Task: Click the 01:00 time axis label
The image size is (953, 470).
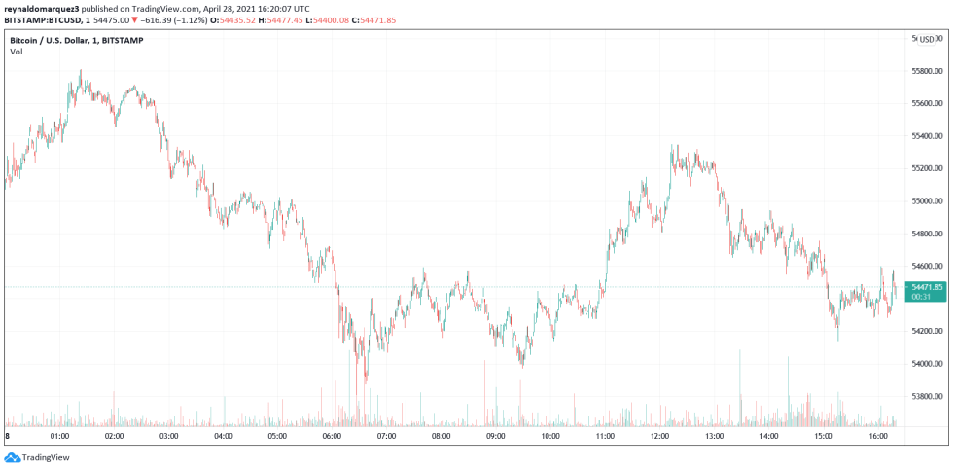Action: (59, 437)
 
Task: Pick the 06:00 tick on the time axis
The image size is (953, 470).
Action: (332, 437)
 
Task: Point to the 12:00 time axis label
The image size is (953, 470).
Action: (659, 437)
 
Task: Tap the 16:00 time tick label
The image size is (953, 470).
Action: (877, 437)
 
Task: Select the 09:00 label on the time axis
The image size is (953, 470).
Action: (495, 437)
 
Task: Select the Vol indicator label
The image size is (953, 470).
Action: (17, 52)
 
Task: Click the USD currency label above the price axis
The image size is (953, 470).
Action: (926, 40)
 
